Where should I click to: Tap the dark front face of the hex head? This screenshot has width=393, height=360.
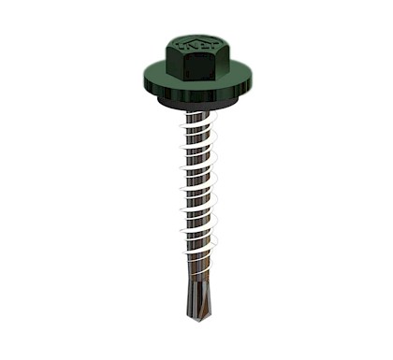pyautogui.click(x=197, y=67)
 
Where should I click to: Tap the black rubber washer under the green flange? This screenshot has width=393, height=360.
pyautogui.click(x=197, y=104)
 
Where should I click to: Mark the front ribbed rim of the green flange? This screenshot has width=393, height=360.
pyautogui.click(x=197, y=94)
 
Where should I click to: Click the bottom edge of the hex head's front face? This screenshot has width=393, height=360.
pyautogui.click(x=197, y=81)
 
